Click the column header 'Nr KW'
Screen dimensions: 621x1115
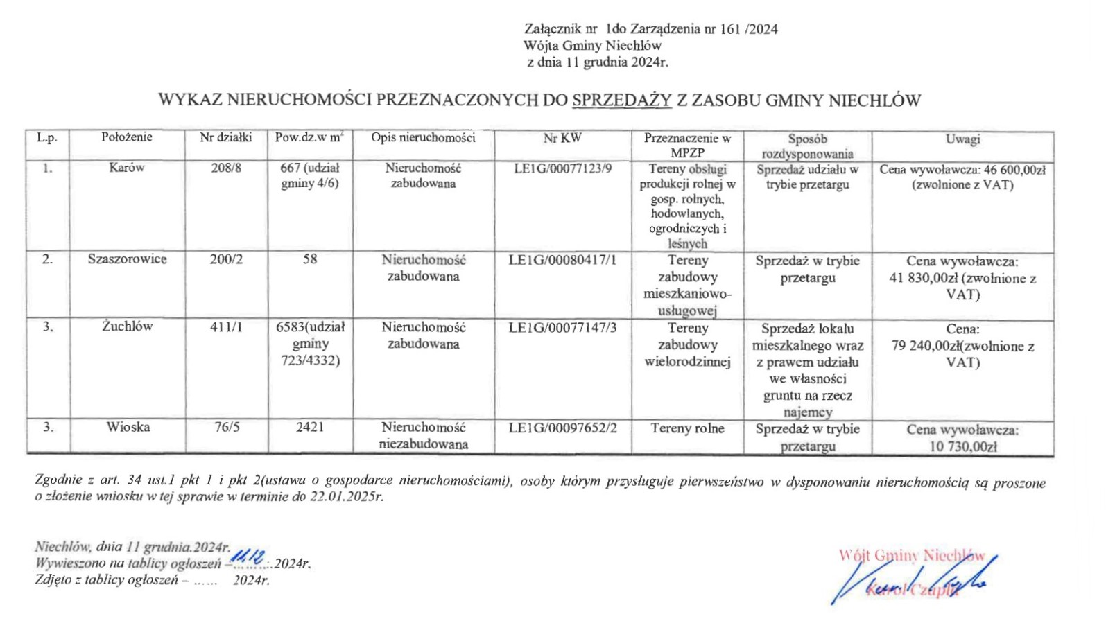point(562,138)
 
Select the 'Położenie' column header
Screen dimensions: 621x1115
point(127,137)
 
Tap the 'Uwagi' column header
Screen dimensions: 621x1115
point(962,139)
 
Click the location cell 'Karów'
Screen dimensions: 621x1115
point(127,168)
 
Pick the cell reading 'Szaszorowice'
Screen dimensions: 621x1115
point(127,259)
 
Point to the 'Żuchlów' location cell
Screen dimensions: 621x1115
point(127,326)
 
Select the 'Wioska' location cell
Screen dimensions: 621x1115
point(128,427)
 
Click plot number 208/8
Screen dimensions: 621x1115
point(226,168)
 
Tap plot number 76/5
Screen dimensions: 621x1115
point(227,427)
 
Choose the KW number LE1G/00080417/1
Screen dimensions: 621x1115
point(562,260)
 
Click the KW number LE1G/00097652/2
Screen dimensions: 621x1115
point(562,428)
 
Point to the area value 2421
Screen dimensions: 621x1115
point(310,427)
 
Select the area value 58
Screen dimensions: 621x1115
point(310,259)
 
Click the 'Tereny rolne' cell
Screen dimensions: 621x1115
point(687,428)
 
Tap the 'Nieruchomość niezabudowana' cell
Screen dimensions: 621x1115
point(423,436)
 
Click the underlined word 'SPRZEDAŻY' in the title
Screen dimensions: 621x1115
point(622,100)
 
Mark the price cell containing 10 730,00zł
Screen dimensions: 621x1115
point(962,438)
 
